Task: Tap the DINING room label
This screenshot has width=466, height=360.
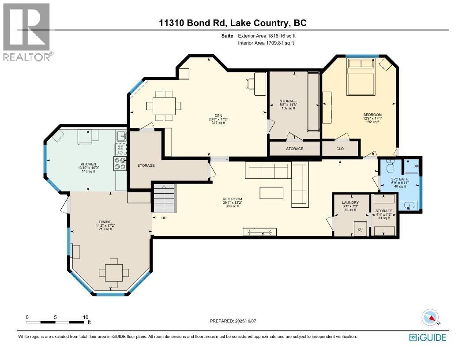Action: (105, 222)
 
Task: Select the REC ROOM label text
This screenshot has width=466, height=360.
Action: (232, 199)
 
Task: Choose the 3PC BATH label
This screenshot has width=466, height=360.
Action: (400, 179)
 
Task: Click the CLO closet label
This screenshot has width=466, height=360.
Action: (340, 149)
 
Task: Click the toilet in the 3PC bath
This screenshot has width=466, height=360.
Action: (390, 167)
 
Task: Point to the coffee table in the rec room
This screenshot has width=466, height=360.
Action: (271, 193)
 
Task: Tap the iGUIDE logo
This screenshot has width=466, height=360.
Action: (428, 338)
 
